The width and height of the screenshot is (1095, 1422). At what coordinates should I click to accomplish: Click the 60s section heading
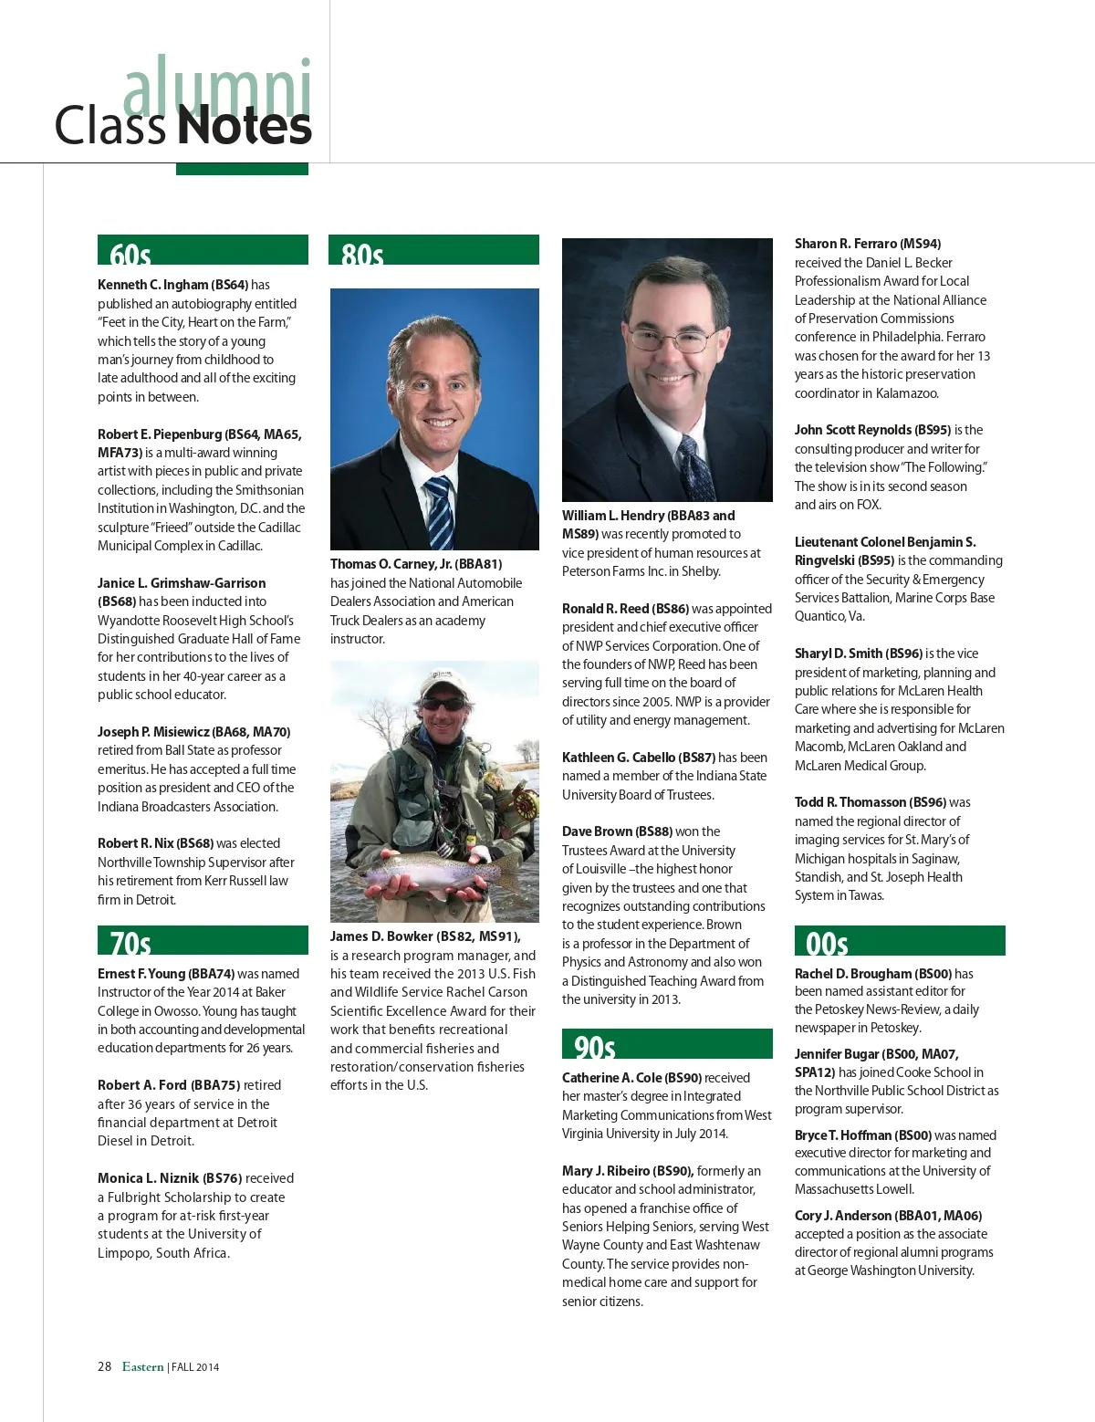click(x=130, y=253)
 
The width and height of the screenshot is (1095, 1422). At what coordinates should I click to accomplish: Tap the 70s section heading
click(x=130, y=942)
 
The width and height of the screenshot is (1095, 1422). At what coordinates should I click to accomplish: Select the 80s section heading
click(x=362, y=253)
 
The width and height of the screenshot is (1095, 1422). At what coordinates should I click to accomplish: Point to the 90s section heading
click(x=594, y=1046)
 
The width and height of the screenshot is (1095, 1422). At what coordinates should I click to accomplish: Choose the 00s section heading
click(x=827, y=942)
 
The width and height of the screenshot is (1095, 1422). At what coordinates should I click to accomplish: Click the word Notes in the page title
click(x=245, y=126)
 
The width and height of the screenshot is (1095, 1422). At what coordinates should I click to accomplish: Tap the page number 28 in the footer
click(x=104, y=1366)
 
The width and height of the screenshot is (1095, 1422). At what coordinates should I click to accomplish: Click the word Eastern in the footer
click(x=142, y=1366)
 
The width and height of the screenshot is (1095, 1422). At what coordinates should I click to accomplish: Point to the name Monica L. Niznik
click(x=148, y=1178)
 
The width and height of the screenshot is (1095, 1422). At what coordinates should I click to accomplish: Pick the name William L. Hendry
click(x=613, y=516)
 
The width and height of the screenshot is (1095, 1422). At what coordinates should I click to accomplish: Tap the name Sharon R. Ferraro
click(x=845, y=244)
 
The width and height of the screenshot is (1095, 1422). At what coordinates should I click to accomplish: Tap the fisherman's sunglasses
click(x=443, y=704)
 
